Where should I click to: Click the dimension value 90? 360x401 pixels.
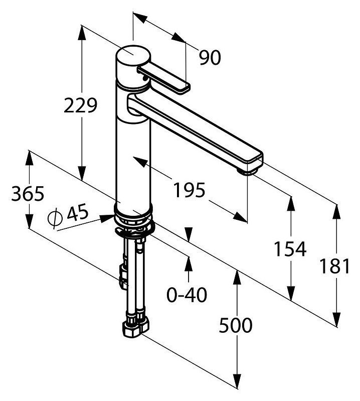tap(210, 58)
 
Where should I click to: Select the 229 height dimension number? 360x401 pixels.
tap(81, 105)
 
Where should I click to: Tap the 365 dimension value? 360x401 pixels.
tap(28, 193)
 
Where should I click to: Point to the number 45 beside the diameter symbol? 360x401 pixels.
tap(78, 212)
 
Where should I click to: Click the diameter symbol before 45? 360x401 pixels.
tap(55, 218)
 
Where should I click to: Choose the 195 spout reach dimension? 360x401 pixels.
tap(190, 190)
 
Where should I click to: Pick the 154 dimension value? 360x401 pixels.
tap(290, 249)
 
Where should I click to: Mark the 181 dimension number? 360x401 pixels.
tap(335, 266)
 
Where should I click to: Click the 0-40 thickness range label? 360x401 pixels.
tap(187, 295)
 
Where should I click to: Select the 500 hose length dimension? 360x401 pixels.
tap(236, 325)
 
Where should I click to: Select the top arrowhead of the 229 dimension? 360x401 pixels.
tap(82, 33)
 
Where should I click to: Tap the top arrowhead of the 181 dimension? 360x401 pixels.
tap(337, 212)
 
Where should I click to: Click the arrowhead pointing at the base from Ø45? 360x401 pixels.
tap(107, 218)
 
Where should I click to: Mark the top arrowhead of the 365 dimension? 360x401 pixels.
tap(30, 158)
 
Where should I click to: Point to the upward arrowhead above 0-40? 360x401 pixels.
tap(189, 263)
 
